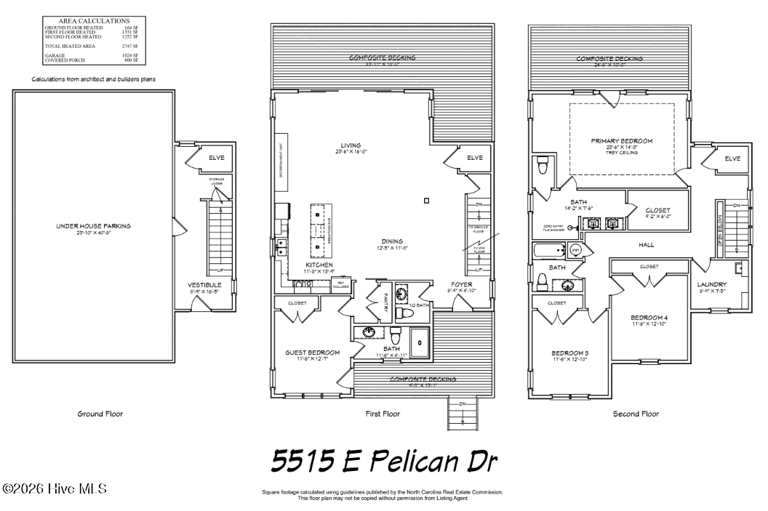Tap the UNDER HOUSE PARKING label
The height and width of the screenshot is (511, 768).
coord(94,226)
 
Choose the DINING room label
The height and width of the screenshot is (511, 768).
coord(392,241)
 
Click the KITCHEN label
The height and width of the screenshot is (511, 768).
coord(319,265)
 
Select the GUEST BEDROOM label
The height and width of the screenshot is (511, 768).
coord(312,353)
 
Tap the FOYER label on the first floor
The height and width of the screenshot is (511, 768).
coord(461,284)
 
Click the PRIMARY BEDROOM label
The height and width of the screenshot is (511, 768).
coord(621,141)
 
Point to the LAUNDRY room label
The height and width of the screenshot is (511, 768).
coord(711,284)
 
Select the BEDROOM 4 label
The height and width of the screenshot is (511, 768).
coord(649,318)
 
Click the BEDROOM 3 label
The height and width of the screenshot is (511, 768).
coord(569,353)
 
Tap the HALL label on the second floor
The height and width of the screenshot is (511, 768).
coord(647,245)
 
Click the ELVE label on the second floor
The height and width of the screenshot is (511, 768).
coord(732,158)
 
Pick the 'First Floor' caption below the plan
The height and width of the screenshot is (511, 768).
coord(383,414)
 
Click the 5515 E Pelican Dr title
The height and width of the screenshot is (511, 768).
coord(384,460)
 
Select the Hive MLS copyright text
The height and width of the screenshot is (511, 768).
coord(55,488)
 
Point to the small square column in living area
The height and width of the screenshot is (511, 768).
coord(427,201)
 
